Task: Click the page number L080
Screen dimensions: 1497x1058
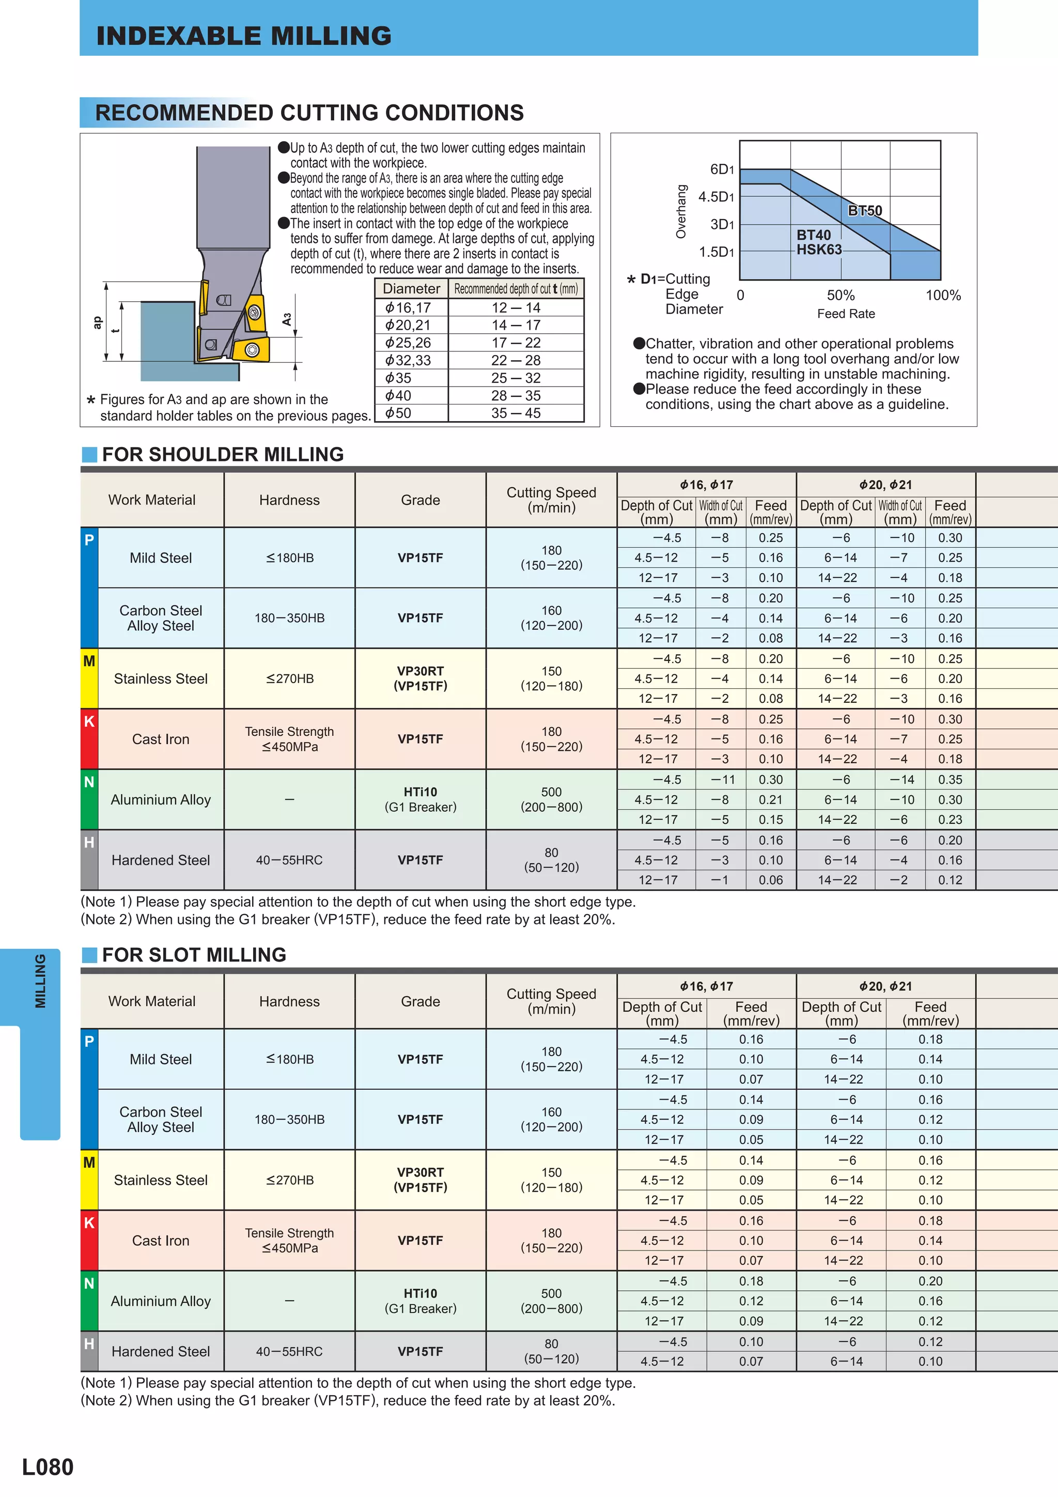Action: [48, 1467]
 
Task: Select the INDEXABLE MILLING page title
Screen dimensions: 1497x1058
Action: [244, 36]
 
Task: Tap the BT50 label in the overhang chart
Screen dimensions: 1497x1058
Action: [864, 211]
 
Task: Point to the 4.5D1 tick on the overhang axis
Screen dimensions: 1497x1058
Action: [717, 197]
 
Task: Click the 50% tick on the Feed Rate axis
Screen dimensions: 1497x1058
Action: [841, 296]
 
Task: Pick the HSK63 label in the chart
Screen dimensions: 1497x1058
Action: [819, 250]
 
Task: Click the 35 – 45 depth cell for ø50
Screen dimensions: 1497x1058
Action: [516, 413]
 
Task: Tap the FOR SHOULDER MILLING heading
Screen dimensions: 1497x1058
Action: [222, 454]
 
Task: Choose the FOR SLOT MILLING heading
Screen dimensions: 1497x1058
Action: [194, 955]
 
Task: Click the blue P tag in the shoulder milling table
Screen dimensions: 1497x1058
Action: [89, 540]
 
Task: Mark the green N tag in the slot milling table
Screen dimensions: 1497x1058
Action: [89, 1283]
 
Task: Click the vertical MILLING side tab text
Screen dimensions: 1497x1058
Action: [40, 981]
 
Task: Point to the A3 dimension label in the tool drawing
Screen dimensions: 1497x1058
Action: [287, 319]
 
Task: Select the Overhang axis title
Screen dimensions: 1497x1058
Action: [681, 211]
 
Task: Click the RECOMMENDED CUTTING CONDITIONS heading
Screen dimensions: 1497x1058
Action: [309, 113]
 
